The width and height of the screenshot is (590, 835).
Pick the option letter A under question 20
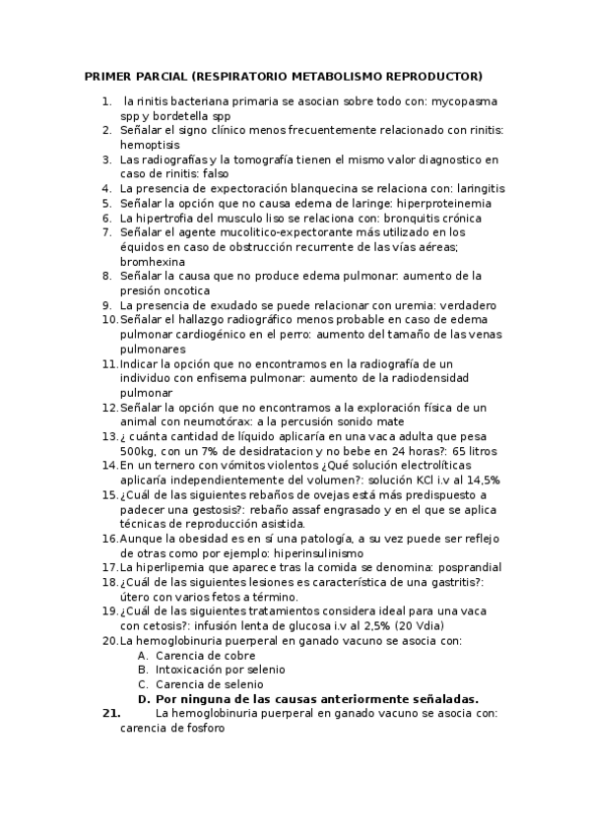[143, 655]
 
